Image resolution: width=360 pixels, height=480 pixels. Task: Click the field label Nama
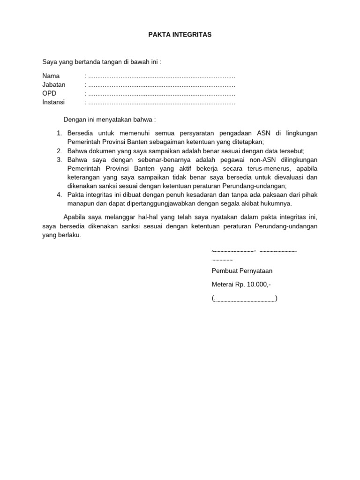[x=51, y=76]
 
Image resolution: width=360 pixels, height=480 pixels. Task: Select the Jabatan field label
[x=54, y=85]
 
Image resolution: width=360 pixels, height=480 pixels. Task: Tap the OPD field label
[x=49, y=93]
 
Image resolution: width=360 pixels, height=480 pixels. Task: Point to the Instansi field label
[x=54, y=102]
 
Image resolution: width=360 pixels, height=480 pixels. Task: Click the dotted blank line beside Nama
[x=162, y=76]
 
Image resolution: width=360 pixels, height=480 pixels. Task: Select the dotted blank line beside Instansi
[x=162, y=103]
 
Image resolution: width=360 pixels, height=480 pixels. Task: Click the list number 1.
[x=59, y=133]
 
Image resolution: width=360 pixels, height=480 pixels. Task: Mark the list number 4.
[x=59, y=195]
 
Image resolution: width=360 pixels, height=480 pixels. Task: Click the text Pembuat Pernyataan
[x=242, y=271]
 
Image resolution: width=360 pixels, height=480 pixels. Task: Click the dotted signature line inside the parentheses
[x=245, y=299]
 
